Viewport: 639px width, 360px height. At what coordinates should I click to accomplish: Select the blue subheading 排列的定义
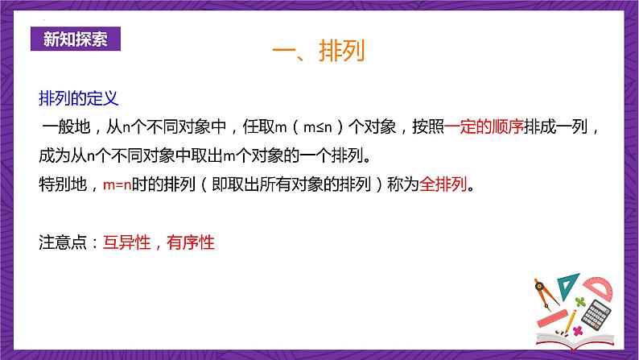pyautogui.click(x=79, y=98)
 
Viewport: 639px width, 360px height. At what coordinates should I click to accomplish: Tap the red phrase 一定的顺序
pyautogui.click(x=484, y=126)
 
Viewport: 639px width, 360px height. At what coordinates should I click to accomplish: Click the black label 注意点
pyautogui.click(x=63, y=242)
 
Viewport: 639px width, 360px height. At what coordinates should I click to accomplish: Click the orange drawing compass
pyautogui.click(x=545, y=292)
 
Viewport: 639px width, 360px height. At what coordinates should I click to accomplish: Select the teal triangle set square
pyautogui.click(x=569, y=284)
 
